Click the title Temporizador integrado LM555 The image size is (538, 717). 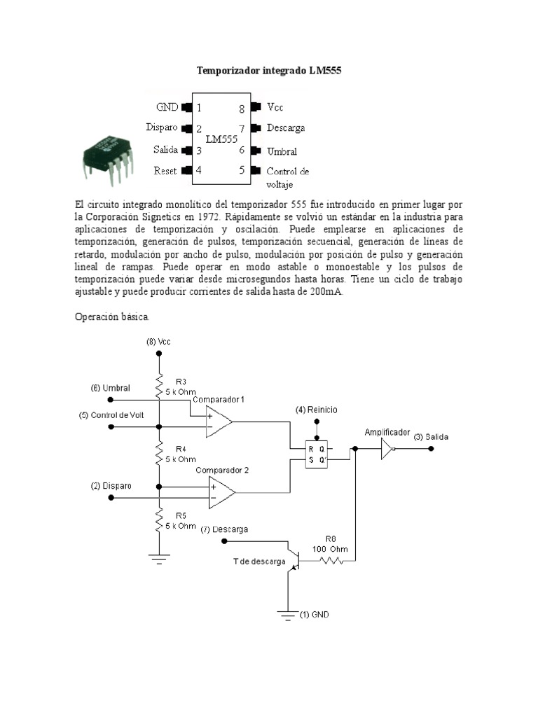(x=268, y=71)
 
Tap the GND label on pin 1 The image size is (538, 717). (x=167, y=107)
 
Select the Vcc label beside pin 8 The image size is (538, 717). (x=275, y=107)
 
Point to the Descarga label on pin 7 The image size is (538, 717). (x=286, y=128)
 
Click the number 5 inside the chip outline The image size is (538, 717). (x=242, y=170)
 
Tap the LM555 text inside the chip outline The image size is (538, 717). (x=222, y=139)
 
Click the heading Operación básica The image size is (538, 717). (x=112, y=316)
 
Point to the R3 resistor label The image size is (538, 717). (x=181, y=382)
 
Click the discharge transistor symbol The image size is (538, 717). (x=295, y=560)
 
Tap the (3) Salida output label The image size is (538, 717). (x=431, y=437)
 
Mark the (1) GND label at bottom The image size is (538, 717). (x=314, y=615)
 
